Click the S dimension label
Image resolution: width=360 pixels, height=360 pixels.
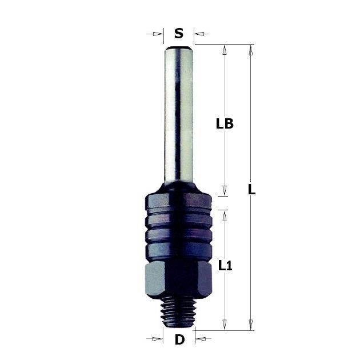(x=179, y=34)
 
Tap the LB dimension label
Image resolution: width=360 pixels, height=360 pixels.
(x=225, y=123)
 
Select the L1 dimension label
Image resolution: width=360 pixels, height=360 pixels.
(x=225, y=266)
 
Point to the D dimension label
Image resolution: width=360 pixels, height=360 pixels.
(x=179, y=339)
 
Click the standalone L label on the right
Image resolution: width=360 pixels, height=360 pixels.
(x=252, y=190)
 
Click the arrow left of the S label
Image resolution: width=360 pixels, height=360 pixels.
(x=155, y=34)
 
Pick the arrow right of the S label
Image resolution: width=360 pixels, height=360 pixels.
(x=201, y=34)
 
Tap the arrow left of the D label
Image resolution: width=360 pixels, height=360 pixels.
(x=154, y=339)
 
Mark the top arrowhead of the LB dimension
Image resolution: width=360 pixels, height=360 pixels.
(x=225, y=50)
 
